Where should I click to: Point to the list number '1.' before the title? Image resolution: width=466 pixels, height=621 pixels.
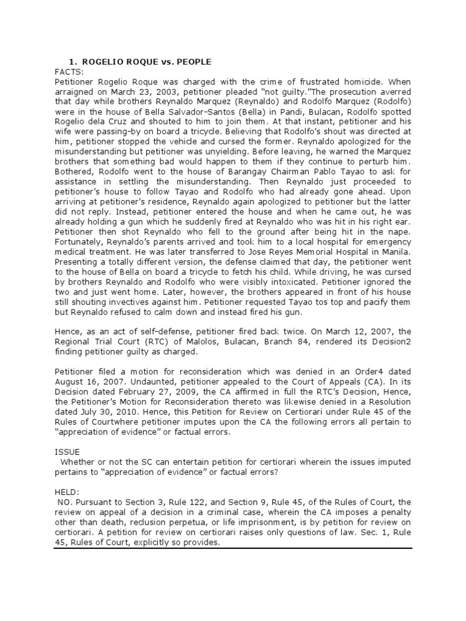(x=73, y=61)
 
